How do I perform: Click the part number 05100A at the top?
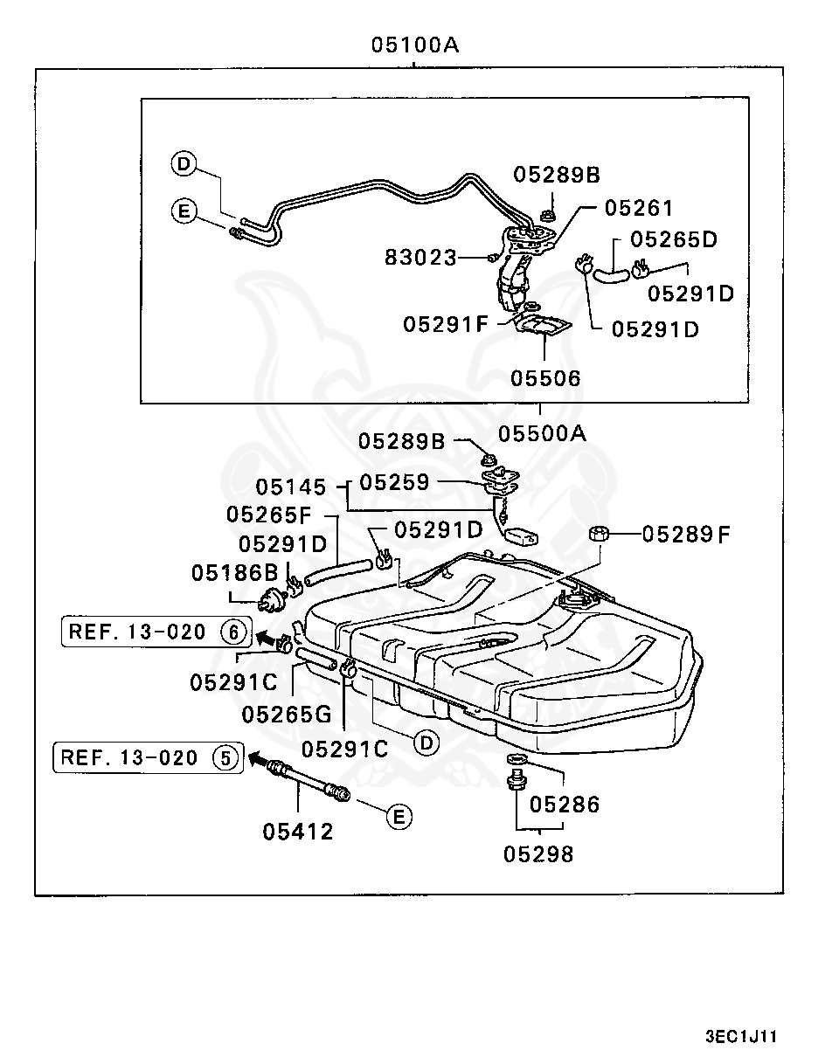click(x=415, y=45)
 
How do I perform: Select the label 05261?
click(x=639, y=208)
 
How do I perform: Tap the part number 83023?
click(x=421, y=257)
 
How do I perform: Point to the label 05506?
click(x=545, y=378)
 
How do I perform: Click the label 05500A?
click(x=542, y=433)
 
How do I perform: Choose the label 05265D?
click(x=673, y=238)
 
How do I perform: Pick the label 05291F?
click(x=444, y=324)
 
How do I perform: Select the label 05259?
click(x=394, y=482)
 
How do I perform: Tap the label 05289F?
click(x=686, y=533)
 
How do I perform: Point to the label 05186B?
click(x=234, y=573)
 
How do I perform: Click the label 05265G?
click(x=287, y=714)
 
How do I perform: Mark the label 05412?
click(x=298, y=831)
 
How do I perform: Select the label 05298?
click(x=538, y=853)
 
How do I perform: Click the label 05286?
click(x=565, y=804)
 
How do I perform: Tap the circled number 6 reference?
click(x=233, y=631)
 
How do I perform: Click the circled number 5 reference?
click(x=225, y=757)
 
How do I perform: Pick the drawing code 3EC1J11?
click(x=740, y=1037)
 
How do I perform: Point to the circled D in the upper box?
click(x=183, y=163)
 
